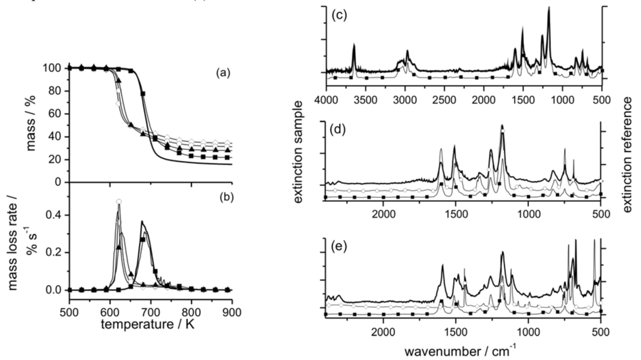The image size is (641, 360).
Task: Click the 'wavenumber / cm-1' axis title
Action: tap(463, 346)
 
